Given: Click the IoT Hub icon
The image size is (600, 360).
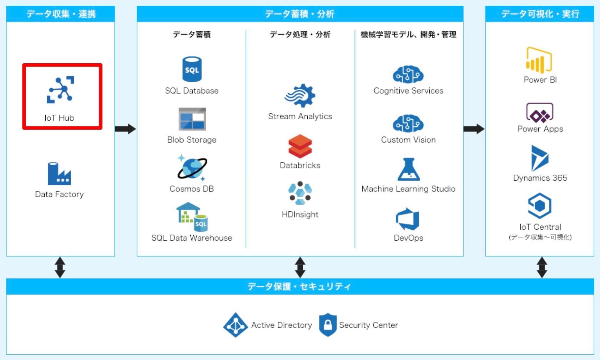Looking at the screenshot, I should pos(60,89).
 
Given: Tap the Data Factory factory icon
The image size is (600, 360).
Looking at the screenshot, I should pos(59,174).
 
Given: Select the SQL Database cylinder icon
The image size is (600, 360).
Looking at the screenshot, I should pos(192,69).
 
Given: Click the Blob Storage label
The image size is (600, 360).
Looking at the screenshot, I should pos(192,140).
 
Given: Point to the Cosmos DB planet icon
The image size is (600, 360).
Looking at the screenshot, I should pos(192,168).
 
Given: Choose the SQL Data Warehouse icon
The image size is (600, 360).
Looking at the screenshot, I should pos(192,217).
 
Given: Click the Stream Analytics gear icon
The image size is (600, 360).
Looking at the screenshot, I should pos(300,96).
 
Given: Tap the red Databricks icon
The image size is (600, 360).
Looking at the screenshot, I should pos(300,146).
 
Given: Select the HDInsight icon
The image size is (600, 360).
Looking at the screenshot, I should pos(300,193).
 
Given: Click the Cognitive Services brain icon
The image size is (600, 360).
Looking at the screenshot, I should pos(408,75).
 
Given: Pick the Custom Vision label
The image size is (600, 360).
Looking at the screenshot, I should pos(408,140).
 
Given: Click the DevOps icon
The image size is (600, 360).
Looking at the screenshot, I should pos(408,219).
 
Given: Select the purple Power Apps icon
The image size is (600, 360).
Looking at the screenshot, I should pos(540,112).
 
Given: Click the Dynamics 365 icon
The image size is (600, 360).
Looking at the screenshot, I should pos(539,158).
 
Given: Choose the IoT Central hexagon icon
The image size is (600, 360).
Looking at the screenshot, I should pos(540,206).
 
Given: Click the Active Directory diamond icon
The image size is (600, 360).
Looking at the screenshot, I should pos(235,325).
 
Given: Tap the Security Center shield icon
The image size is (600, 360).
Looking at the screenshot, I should pos(328,325).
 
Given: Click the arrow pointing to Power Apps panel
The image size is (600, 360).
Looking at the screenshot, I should pos(474,129).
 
